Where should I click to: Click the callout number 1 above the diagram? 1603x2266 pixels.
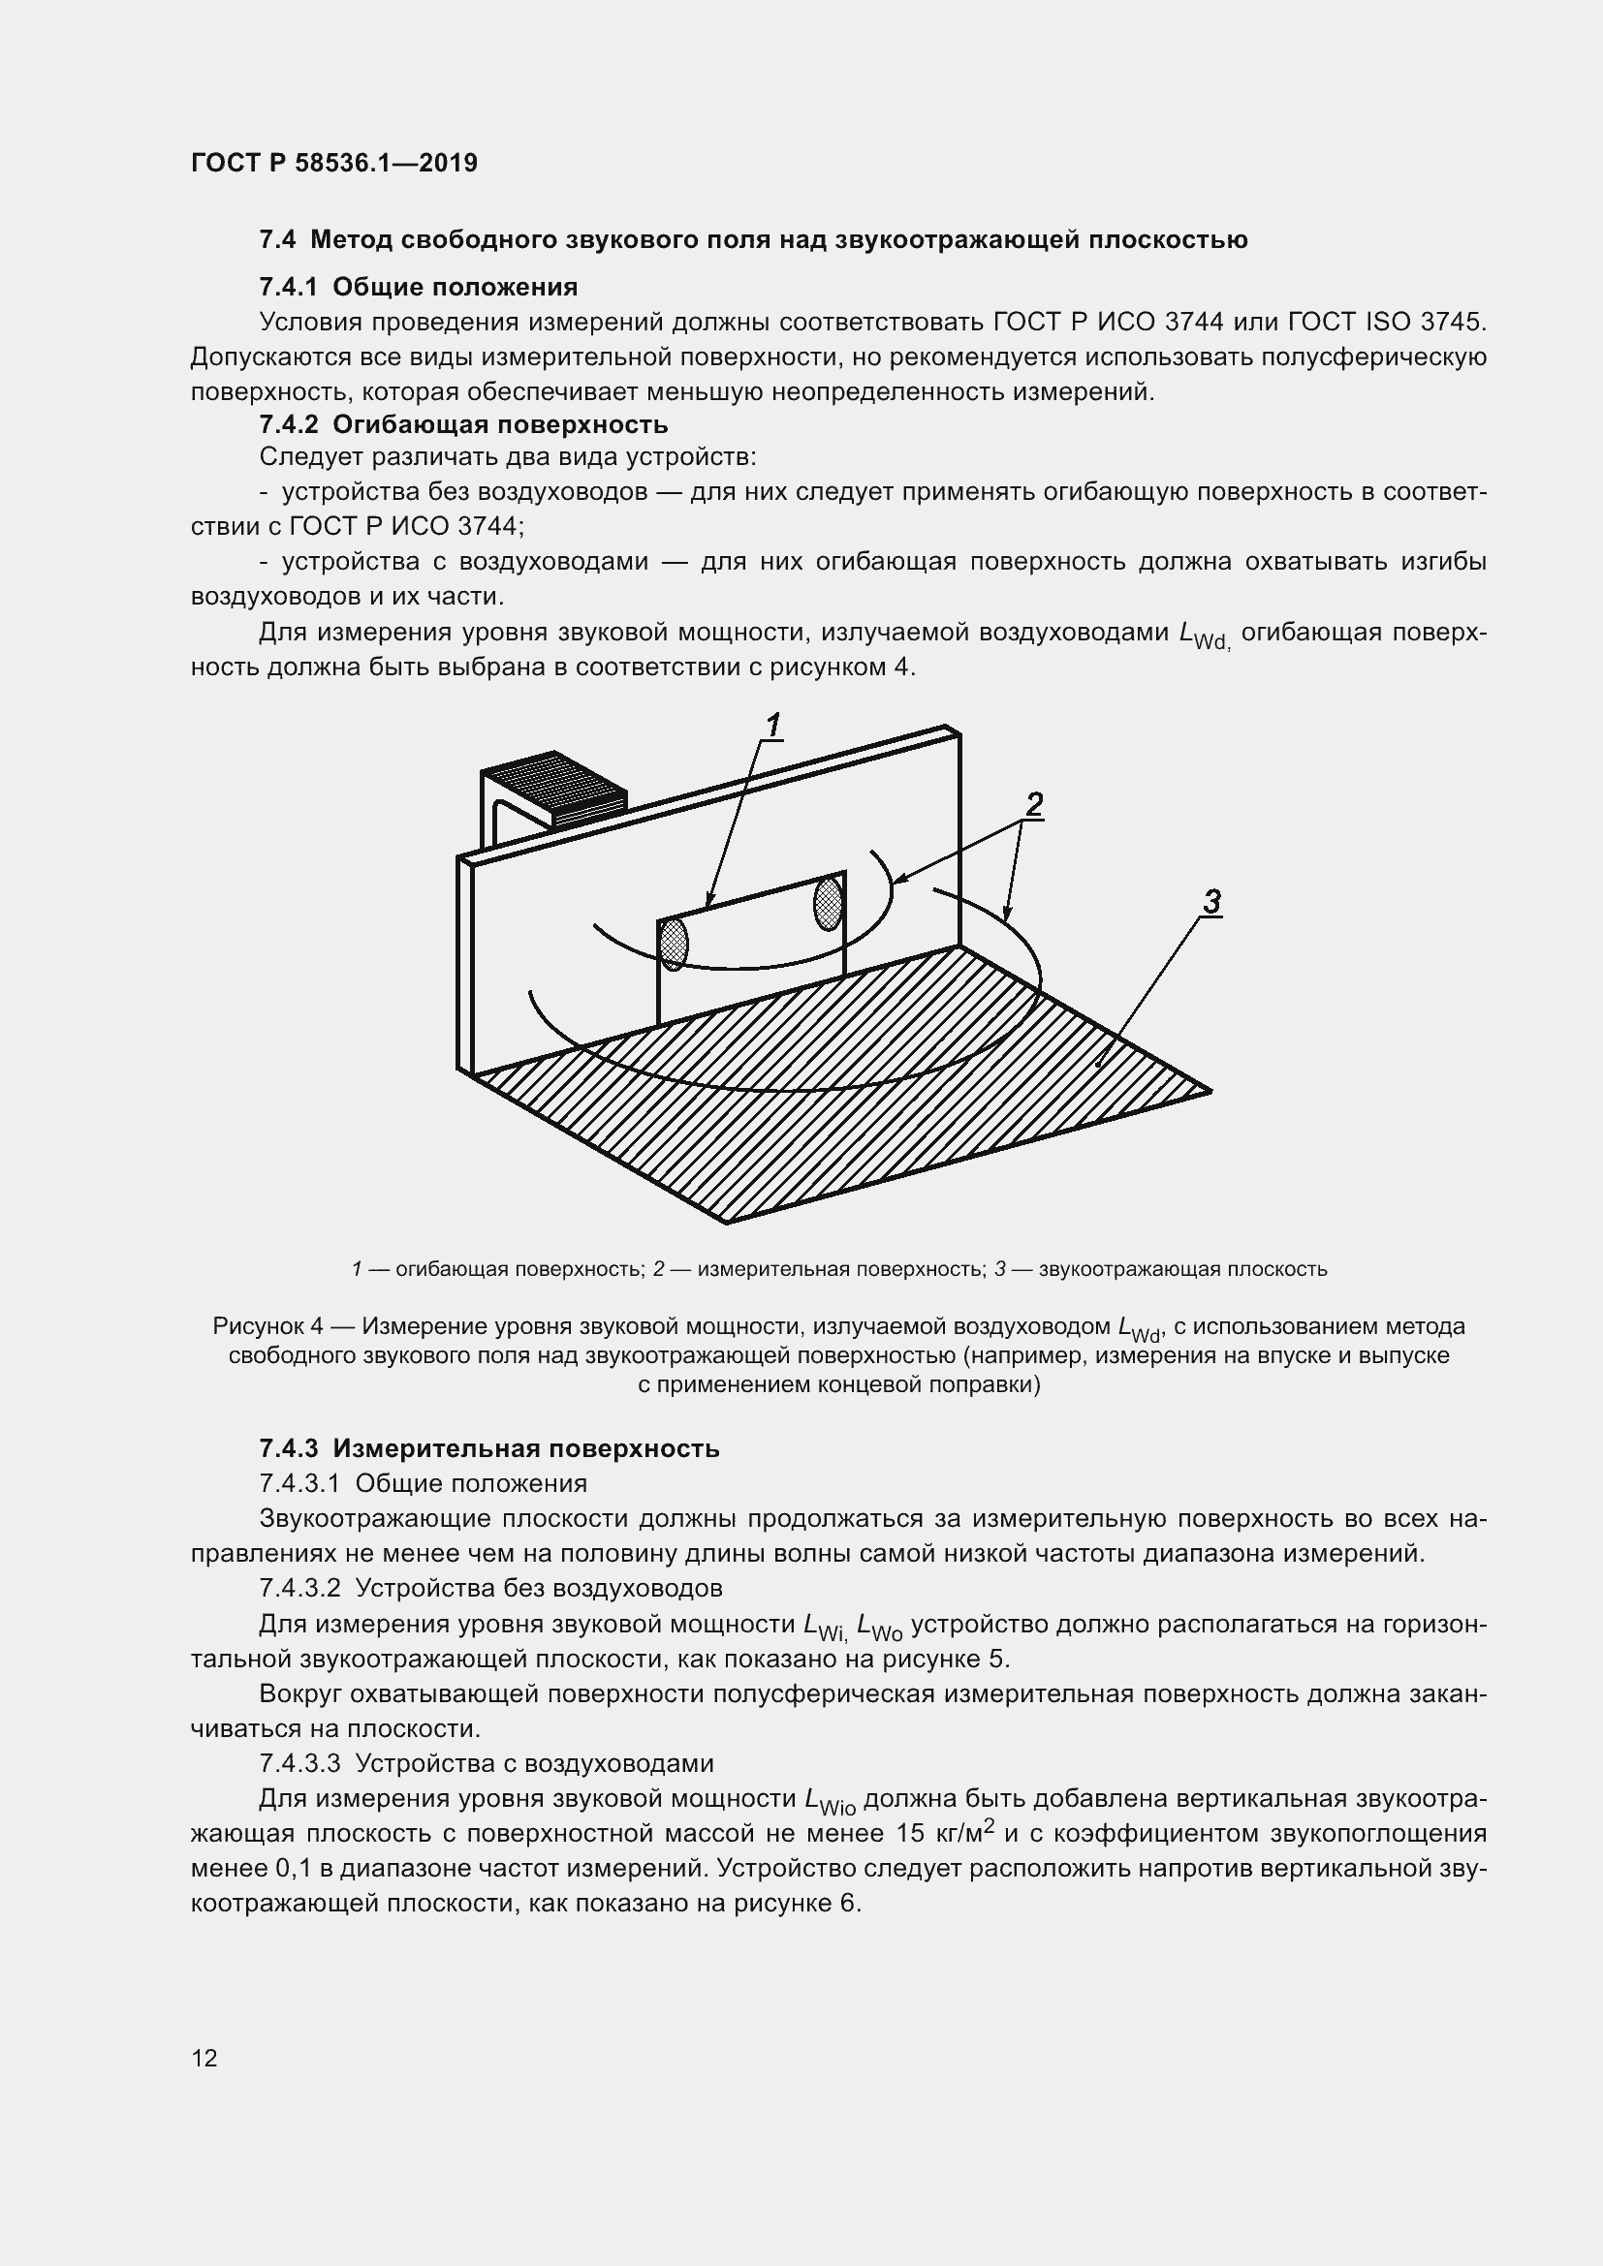point(773,726)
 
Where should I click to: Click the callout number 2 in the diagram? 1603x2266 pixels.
point(1033,805)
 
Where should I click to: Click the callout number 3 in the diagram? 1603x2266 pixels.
point(1212,902)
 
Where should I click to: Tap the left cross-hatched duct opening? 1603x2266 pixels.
point(674,944)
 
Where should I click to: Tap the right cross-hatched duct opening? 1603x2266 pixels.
point(828,903)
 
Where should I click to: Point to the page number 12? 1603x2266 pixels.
point(204,2059)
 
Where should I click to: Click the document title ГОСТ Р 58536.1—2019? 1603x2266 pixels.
point(333,163)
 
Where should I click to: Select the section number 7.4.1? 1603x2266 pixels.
point(287,287)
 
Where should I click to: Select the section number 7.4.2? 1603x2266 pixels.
point(287,425)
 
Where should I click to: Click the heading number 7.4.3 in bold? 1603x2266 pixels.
point(287,1448)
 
